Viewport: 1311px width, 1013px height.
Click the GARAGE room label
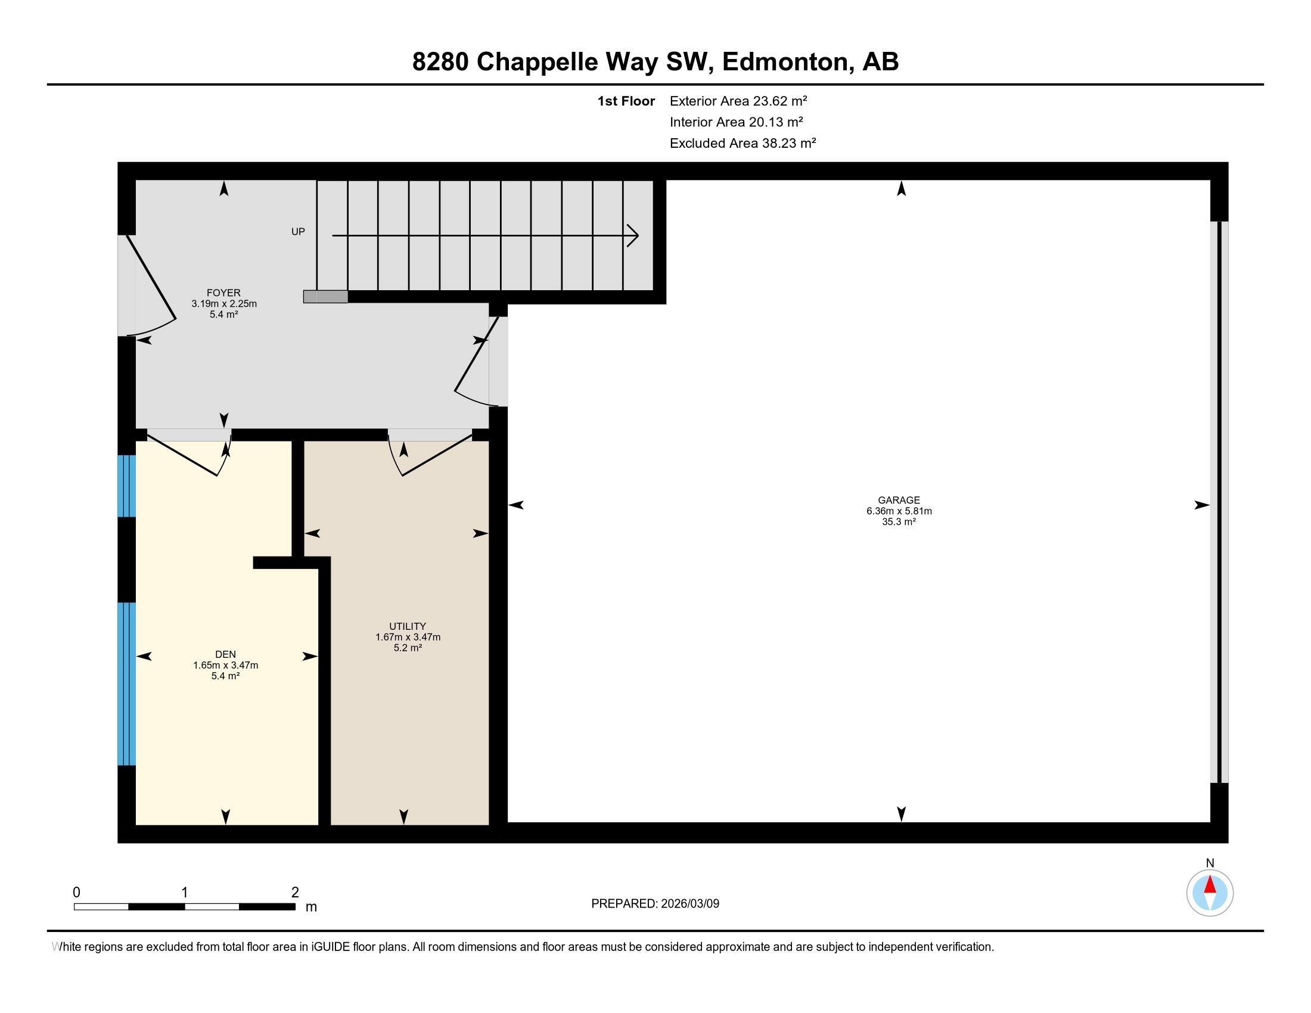(899, 500)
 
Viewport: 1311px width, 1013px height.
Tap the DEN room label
(225, 654)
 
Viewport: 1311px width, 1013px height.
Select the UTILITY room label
(408, 626)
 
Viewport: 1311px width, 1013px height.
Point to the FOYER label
(223, 293)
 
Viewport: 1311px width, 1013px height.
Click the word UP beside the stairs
(298, 232)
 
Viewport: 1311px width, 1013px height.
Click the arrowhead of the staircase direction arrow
(634, 236)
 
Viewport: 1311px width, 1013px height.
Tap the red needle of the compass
(1210, 885)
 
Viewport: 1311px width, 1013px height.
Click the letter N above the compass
(1210, 863)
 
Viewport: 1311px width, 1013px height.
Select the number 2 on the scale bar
(295, 893)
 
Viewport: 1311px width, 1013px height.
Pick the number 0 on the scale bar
(76, 893)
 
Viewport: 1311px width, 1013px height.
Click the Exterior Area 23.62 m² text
(738, 101)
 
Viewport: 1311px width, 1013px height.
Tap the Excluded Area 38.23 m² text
(743, 143)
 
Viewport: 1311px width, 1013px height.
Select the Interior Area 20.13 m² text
(736, 122)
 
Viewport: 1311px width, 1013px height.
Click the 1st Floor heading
(626, 101)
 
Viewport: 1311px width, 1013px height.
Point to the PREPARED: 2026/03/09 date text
(655, 904)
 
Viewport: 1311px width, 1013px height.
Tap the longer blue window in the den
(126, 683)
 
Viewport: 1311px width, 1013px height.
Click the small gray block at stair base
(325, 297)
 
